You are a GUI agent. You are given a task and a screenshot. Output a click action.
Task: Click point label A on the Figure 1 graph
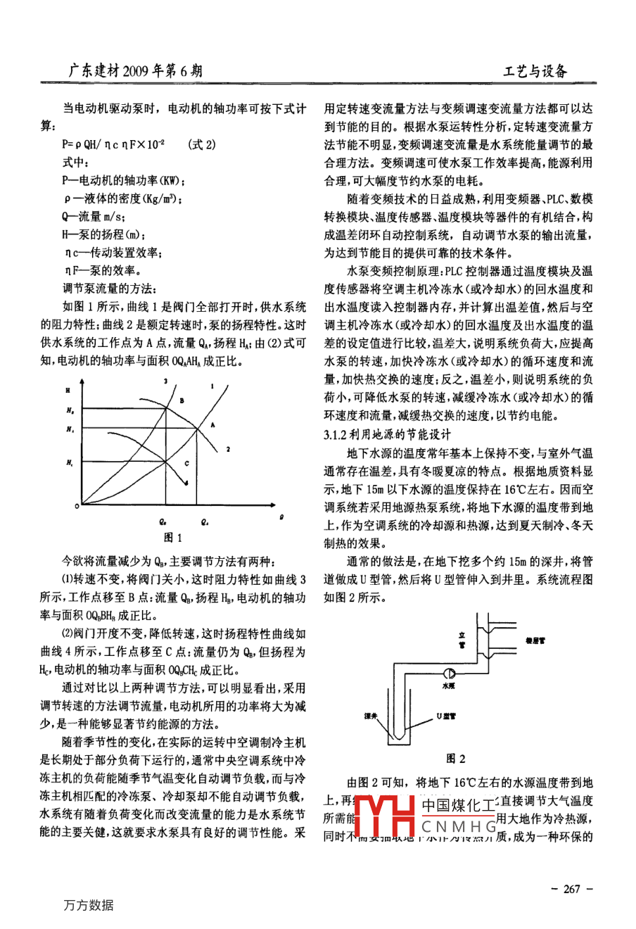(x=212, y=424)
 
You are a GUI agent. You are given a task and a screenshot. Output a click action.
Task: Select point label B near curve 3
(x=181, y=399)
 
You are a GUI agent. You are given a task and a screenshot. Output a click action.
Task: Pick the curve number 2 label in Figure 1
(x=229, y=448)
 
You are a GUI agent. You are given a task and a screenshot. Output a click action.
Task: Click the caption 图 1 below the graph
(x=173, y=538)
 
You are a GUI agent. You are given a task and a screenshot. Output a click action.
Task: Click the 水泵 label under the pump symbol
(x=449, y=683)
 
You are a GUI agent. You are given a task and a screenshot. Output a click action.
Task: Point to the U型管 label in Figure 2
(x=446, y=716)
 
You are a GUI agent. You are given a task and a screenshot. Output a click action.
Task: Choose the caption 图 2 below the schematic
(x=456, y=759)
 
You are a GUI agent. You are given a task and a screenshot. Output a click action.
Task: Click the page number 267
(x=571, y=889)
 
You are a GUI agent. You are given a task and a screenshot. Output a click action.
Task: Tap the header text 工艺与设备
(x=535, y=70)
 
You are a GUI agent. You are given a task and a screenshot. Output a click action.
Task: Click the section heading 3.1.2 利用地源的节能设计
(x=388, y=434)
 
